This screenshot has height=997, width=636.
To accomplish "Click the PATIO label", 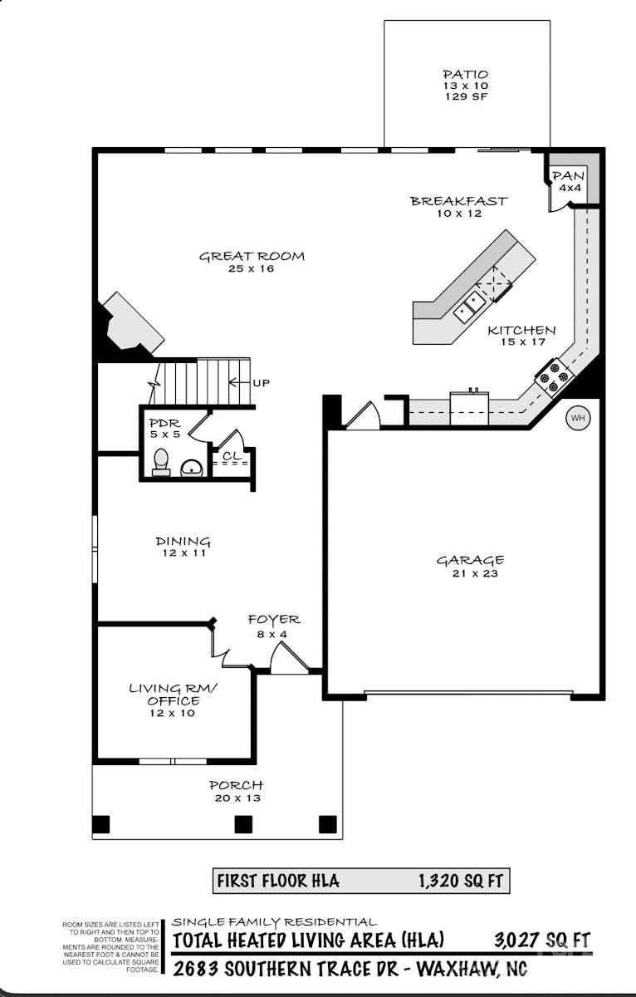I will [465, 75].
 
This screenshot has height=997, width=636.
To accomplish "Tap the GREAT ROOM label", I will [252, 257].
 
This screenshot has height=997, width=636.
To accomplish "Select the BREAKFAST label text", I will [458, 201].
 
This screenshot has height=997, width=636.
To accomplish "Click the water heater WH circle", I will [578, 419].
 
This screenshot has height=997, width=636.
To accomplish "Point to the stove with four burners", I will [555, 376].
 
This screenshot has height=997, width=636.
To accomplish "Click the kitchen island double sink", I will [470, 304].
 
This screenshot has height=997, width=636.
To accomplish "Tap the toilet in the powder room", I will [161, 462].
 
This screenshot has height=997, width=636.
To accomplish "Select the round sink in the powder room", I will [193, 469].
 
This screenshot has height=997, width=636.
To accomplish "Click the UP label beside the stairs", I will [260, 383].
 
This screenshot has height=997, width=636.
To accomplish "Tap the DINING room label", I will [183, 542].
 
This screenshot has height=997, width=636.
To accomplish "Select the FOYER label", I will [274, 620].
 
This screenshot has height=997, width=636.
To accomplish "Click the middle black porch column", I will [243, 824].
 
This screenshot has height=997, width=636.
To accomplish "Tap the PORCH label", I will [236, 785].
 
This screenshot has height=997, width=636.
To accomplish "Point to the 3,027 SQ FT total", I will [541, 940].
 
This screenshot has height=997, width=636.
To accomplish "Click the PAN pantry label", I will [569, 176].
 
